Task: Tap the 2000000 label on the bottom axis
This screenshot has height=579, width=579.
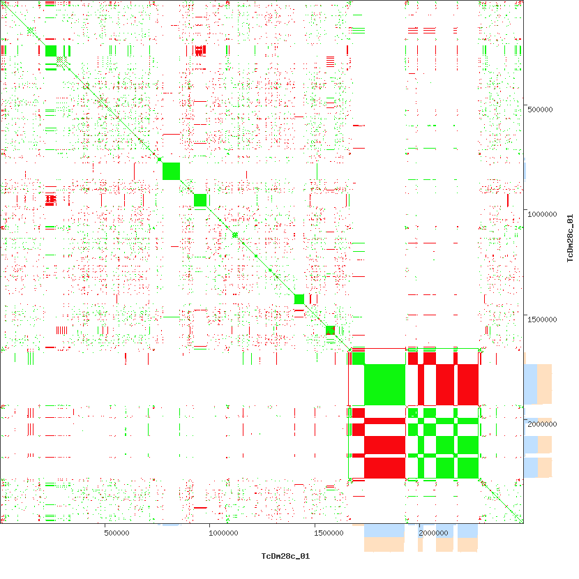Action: tap(434, 534)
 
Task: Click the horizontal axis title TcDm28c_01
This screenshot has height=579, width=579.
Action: tap(285, 556)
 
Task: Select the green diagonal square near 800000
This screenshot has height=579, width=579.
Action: tap(171, 170)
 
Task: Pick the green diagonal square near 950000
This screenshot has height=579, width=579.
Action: tap(200, 200)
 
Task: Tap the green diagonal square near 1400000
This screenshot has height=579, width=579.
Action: tap(299, 299)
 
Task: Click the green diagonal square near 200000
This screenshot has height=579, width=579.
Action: tap(51, 50)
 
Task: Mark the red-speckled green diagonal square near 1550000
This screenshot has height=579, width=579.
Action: tap(331, 330)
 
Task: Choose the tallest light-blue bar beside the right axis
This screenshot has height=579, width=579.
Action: tap(531, 384)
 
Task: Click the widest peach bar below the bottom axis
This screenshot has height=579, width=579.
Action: tap(384, 545)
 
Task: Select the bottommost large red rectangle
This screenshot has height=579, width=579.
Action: tap(384, 467)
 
